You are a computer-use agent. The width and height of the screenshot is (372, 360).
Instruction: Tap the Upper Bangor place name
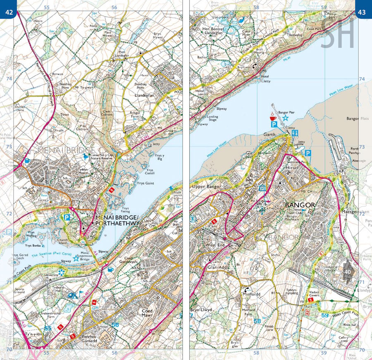(x=205, y=187)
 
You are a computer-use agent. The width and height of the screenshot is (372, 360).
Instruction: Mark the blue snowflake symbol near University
(x=61, y=273)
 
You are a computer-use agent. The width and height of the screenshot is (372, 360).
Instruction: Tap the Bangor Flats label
(x=358, y=119)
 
